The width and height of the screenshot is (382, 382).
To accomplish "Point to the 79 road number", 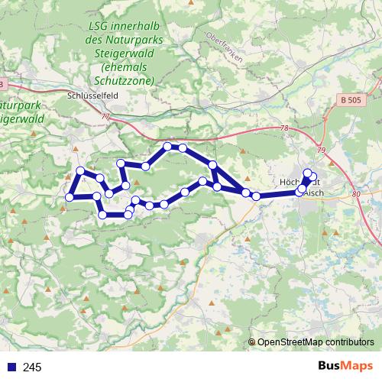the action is pyautogui.click(x=322, y=151).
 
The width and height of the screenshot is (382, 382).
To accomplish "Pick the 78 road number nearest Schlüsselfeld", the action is pyautogui.click(x=105, y=116).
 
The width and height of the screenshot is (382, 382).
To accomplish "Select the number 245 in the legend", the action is pyautogui.click(x=33, y=368).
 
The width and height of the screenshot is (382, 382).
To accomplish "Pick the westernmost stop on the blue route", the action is pyautogui.click(x=69, y=196).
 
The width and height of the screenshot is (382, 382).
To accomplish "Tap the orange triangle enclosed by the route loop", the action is pyautogui.click(x=137, y=182).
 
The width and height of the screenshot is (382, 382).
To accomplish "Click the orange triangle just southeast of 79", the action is pyautogui.click(x=329, y=161).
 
